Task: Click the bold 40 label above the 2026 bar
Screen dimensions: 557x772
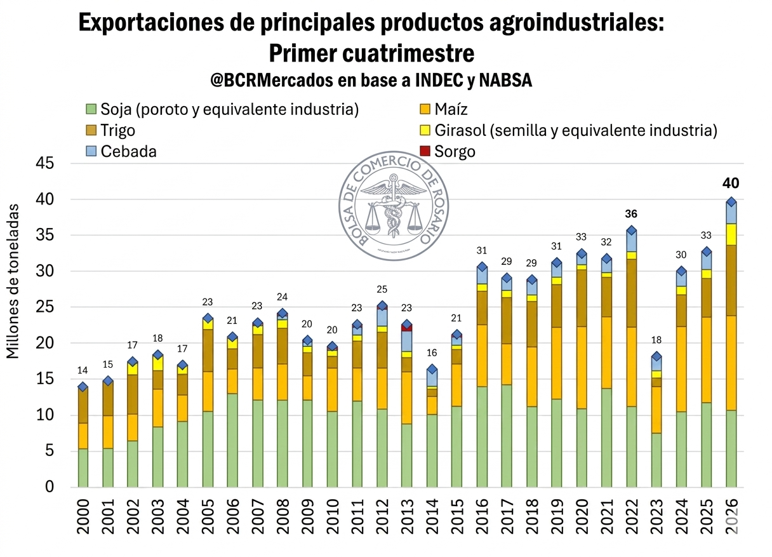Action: [x=731, y=184]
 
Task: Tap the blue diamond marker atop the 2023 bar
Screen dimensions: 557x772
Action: [x=656, y=357]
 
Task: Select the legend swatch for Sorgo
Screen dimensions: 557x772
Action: [x=425, y=152]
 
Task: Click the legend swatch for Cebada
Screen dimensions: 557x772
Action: [x=91, y=152]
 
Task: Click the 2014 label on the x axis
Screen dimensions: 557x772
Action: [x=432, y=517]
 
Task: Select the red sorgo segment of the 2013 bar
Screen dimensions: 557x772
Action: [x=407, y=328]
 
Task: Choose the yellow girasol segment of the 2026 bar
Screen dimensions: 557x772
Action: [x=731, y=234]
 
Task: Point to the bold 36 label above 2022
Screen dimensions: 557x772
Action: [x=631, y=213]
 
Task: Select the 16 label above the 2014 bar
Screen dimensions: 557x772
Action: [x=432, y=353]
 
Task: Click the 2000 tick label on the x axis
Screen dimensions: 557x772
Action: [x=83, y=517]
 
